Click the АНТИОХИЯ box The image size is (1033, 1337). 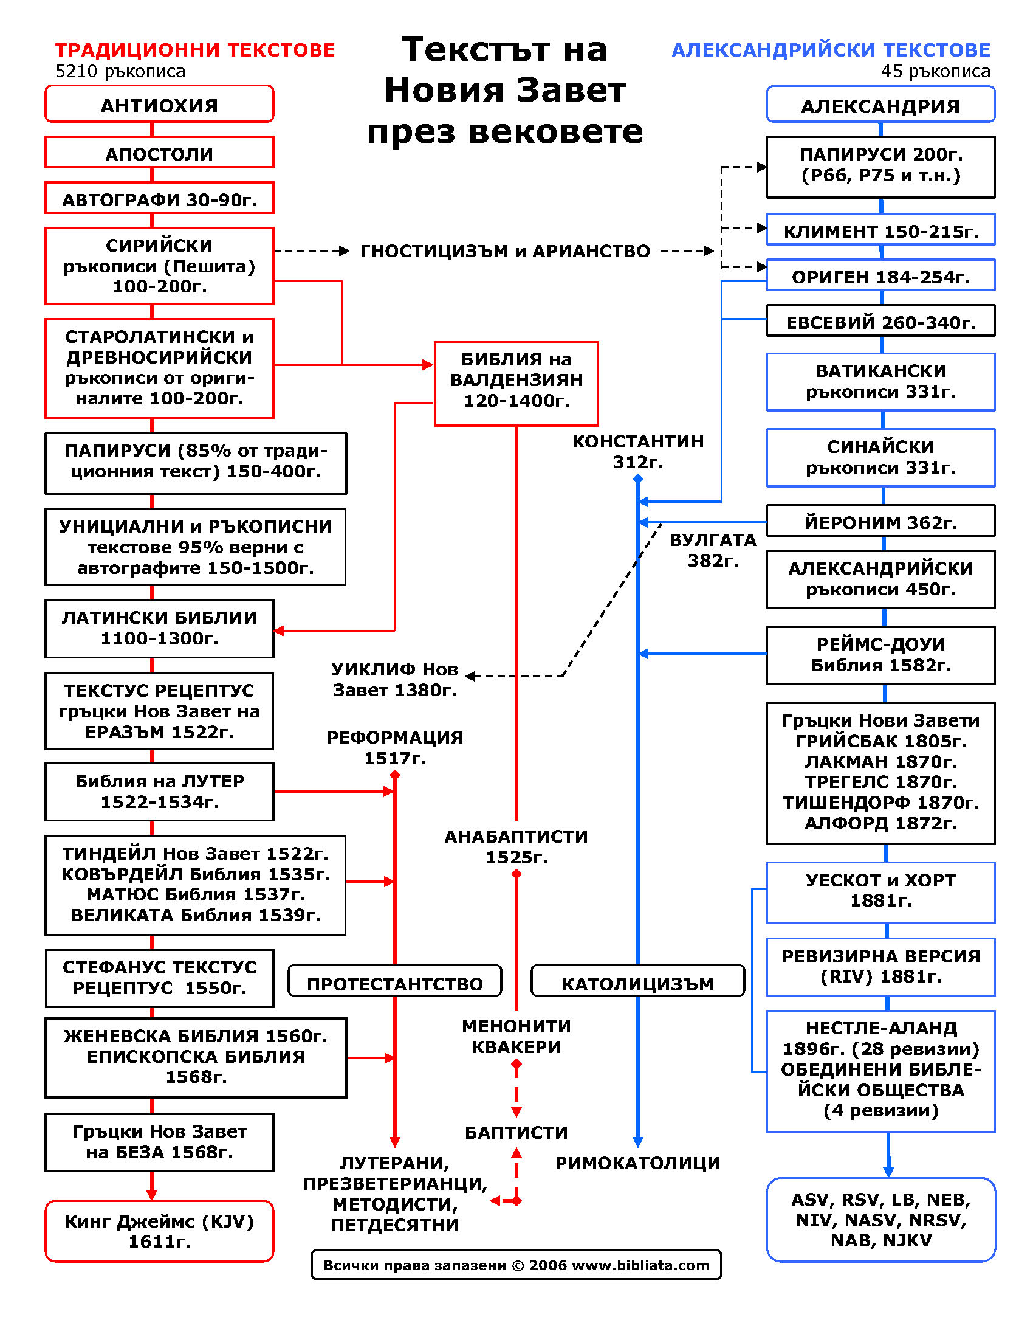click(159, 105)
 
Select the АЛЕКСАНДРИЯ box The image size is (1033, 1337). click(880, 105)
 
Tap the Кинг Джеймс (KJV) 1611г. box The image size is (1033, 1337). click(159, 1231)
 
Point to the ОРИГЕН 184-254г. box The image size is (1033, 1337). click(880, 276)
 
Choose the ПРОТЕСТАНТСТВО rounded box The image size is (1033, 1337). click(395, 983)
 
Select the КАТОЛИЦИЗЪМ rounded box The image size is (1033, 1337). click(637, 983)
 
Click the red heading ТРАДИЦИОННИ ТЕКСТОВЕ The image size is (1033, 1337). click(195, 50)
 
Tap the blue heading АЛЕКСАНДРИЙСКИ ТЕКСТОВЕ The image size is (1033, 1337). click(831, 50)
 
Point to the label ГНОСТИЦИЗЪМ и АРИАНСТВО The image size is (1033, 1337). click(505, 251)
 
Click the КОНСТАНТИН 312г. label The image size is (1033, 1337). click(637, 451)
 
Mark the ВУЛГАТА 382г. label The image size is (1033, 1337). click(713, 550)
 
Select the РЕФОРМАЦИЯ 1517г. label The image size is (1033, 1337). click(395, 747)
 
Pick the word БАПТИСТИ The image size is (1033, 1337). click(516, 1133)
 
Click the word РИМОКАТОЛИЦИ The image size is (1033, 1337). click(637, 1163)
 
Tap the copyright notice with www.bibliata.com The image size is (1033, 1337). click(516, 1265)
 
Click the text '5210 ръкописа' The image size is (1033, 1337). click(120, 72)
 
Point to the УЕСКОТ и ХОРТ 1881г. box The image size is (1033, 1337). click(880, 891)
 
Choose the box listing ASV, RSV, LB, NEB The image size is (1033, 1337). click(880, 1220)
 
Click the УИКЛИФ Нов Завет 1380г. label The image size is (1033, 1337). click(395, 680)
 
